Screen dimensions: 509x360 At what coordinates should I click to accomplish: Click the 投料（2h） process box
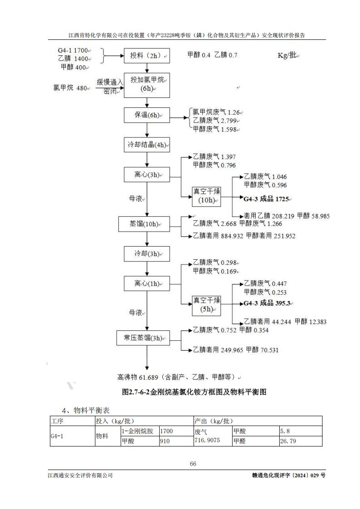pos(146,56)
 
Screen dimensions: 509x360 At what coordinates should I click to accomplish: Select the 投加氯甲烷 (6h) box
pos(146,84)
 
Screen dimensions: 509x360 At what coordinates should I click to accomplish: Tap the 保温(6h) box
pos(146,115)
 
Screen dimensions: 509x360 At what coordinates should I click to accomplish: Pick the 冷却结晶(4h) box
pos(146,145)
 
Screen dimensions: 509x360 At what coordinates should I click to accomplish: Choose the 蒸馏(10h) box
pos(143,224)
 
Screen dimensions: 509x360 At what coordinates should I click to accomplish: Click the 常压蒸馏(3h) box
pos(143,338)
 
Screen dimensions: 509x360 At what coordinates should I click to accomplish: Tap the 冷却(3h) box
pos(146,254)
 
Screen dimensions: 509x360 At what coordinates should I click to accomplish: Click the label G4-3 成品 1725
pos(266,199)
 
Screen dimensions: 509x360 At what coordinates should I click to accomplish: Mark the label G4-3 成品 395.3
pos(267,303)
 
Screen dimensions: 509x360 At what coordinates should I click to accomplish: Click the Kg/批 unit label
pos(288,55)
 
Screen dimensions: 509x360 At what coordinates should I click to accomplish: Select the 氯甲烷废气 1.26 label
pos(216,112)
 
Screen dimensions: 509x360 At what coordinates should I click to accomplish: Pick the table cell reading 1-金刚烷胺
pos(139,431)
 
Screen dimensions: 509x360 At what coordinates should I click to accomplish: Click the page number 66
pos(193,464)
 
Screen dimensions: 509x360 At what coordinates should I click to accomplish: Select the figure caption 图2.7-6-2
pos(194,392)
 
